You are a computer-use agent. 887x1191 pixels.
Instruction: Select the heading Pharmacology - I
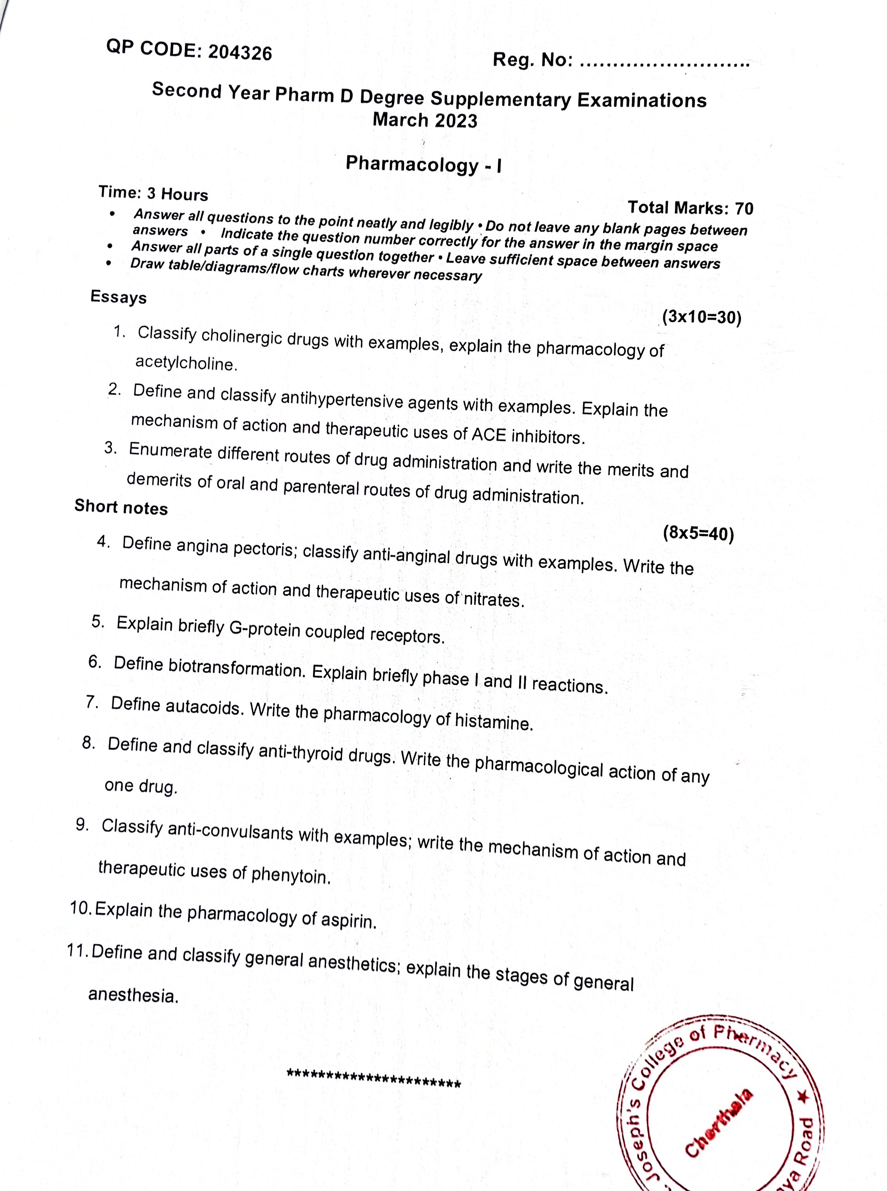click(x=424, y=164)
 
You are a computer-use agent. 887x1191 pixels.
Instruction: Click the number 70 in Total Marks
click(x=744, y=208)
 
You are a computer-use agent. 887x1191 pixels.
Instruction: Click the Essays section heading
click(x=118, y=297)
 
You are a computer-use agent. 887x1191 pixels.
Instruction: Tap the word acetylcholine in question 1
click(x=186, y=364)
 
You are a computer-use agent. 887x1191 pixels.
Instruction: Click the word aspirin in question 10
click(x=348, y=920)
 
